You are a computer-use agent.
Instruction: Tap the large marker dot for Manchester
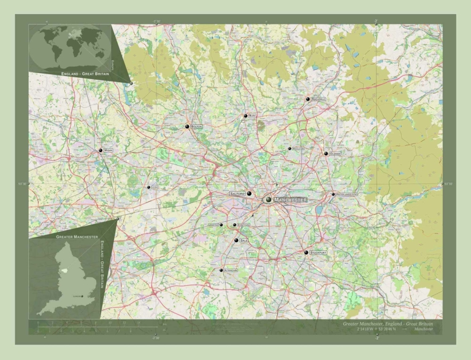point(268,199)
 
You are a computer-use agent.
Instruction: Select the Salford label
point(237,193)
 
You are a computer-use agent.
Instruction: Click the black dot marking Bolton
point(187,126)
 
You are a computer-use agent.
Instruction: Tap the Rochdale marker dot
point(308,99)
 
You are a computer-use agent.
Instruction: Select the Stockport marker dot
point(306,252)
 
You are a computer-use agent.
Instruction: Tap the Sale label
point(243,240)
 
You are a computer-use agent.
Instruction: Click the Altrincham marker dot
point(221,270)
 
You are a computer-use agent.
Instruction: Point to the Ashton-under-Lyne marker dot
point(333,194)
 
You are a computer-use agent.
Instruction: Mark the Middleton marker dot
point(289,148)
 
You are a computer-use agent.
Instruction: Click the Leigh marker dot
point(148,187)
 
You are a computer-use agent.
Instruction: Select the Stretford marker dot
point(234,225)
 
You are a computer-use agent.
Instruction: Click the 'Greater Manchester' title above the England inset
point(77,236)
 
